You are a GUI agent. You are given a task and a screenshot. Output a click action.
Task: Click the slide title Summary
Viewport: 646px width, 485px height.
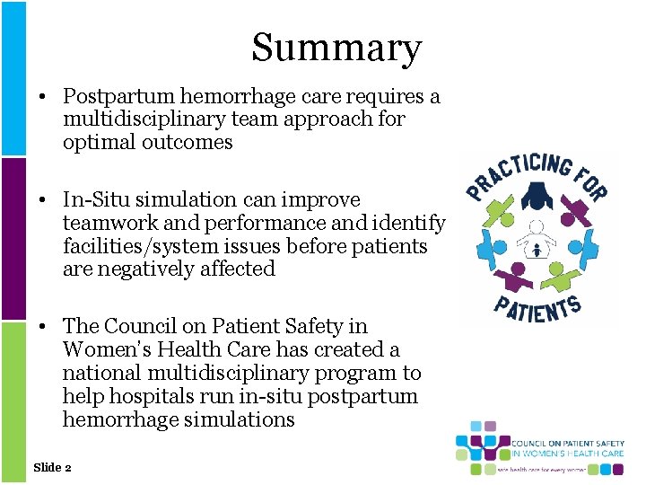pos(336,48)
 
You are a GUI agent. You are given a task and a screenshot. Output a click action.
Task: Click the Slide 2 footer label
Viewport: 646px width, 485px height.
pos(52,467)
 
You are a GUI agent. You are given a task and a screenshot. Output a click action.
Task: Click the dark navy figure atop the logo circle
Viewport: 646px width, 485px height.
pos(537,193)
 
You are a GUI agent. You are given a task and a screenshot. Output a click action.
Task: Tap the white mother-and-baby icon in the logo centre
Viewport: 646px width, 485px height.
pos(537,241)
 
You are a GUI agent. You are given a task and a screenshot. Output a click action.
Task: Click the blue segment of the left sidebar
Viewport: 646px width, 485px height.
pos(13,78)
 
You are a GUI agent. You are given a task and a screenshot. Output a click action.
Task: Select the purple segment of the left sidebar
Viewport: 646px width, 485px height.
pos(13,239)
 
